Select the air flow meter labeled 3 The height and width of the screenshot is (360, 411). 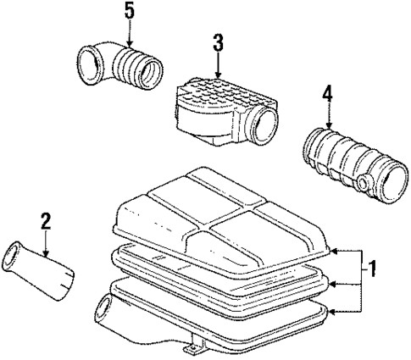point(224,112)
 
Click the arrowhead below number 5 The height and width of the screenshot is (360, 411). point(129,47)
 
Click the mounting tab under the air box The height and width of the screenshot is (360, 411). point(193,347)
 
